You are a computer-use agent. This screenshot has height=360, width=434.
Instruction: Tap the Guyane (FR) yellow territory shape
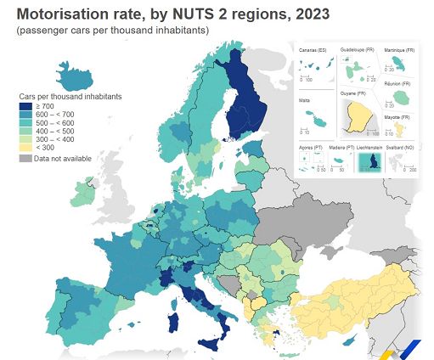pyautogui.click(x=358, y=118)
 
